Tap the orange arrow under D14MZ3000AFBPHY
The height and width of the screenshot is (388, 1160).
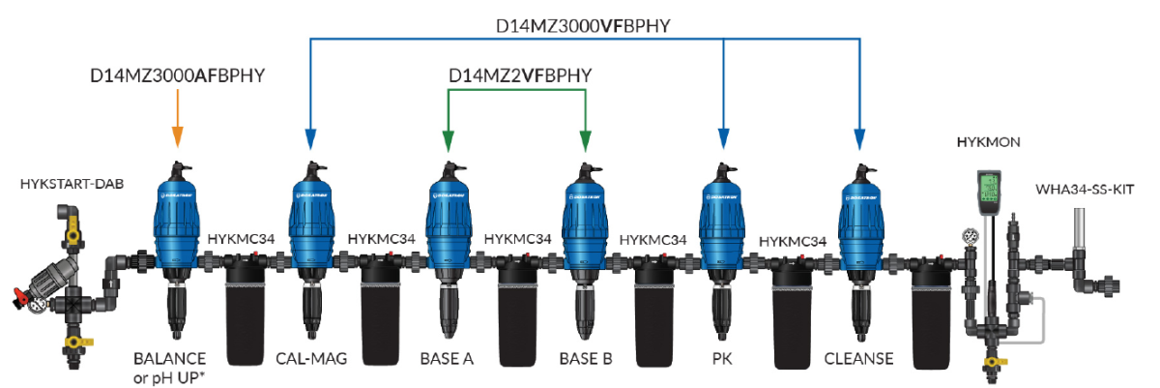(176, 126)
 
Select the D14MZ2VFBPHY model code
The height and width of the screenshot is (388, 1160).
(519, 75)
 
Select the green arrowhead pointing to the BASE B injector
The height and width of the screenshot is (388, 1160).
(586, 143)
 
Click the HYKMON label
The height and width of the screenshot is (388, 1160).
(982, 141)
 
